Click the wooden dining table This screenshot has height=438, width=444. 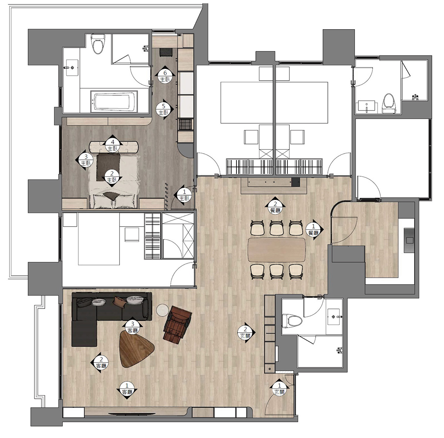coord(276,250)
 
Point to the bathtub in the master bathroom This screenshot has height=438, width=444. coord(114,102)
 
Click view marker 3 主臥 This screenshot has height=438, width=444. coord(85,160)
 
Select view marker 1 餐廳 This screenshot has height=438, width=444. coord(314,230)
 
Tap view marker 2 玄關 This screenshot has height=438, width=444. coord(246,333)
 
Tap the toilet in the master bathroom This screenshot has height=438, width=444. coord(98,44)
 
